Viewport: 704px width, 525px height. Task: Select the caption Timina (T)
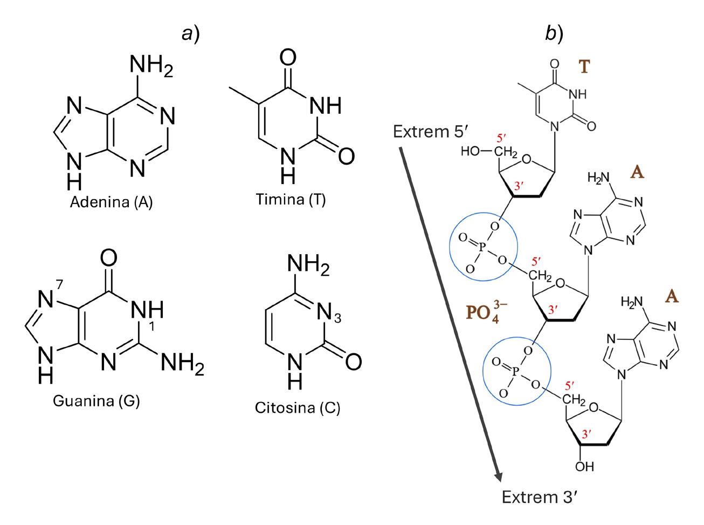click(x=292, y=200)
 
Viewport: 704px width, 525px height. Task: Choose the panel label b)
click(x=554, y=34)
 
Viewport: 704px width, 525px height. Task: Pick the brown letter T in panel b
click(x=584, y=67)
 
